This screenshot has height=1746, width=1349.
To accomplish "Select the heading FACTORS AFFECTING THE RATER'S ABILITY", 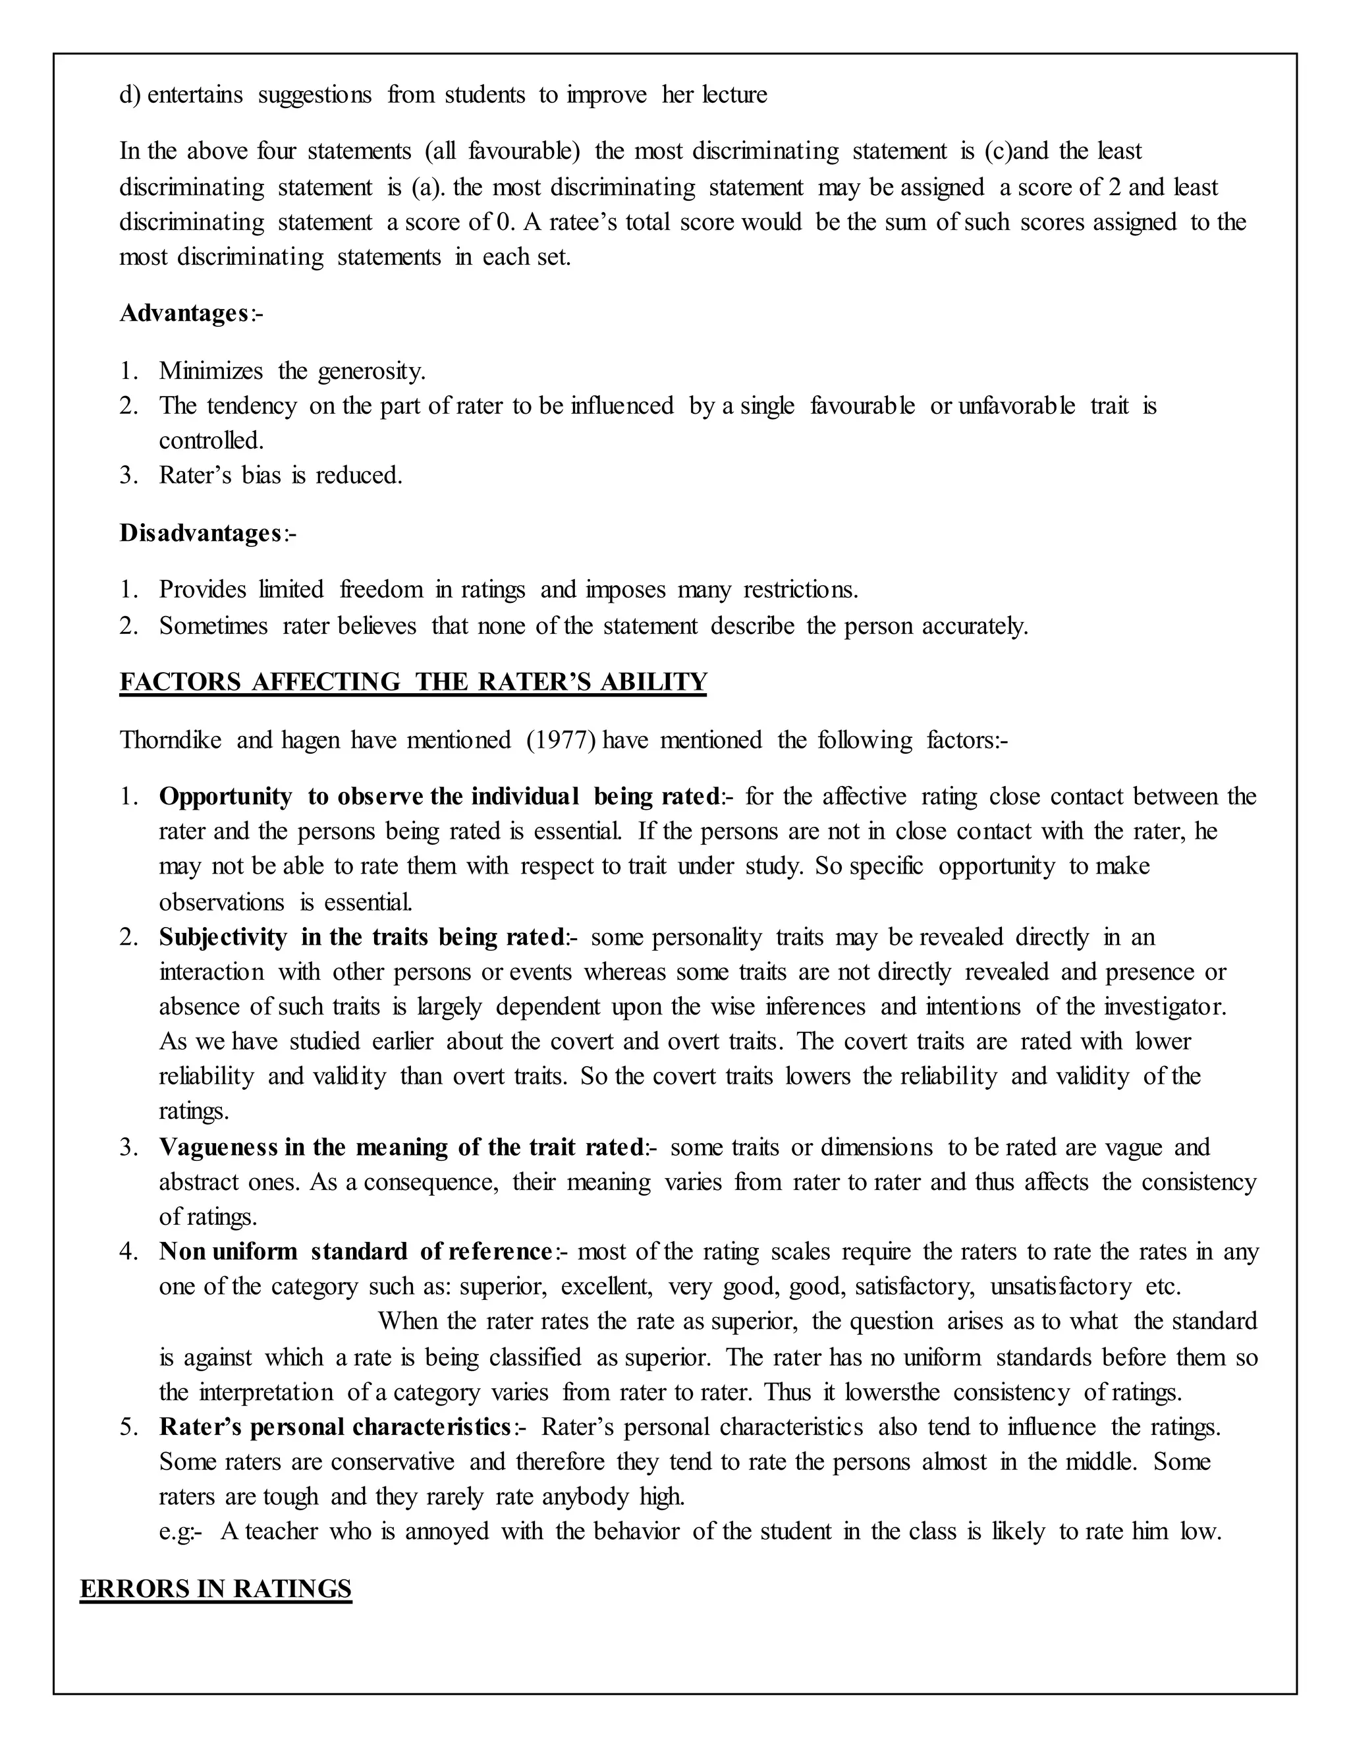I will pyautogui.click(x=413, y=682).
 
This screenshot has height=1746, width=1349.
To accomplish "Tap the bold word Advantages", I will pyautogui.click(x=184, y=314).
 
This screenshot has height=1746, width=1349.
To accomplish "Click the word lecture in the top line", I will pyautogui.click(x=734, y=95).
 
